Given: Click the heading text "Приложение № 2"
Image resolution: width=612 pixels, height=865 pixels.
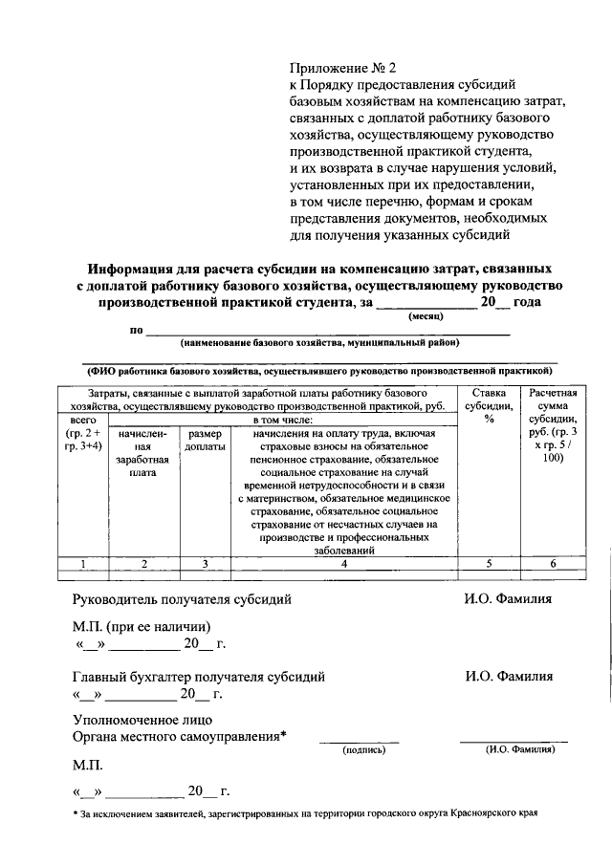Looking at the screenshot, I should pos(341,69).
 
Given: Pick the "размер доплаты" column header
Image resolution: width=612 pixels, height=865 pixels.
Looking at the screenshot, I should pos(205,441).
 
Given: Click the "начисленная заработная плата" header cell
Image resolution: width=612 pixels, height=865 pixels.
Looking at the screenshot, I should pos(143,453).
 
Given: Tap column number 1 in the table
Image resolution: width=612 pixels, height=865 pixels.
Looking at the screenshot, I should pos(83,564).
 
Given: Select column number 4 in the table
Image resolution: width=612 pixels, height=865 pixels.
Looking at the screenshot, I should pos(341,564).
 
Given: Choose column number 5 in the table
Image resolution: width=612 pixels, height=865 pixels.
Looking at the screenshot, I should pos(488,564).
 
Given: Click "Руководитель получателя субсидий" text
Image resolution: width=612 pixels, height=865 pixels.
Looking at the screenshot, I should pos(182,599).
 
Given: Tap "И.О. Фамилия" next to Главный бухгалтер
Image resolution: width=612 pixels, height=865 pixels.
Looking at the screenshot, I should pos(509,676).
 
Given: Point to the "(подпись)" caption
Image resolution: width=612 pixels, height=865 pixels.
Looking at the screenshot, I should pos(363,751).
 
